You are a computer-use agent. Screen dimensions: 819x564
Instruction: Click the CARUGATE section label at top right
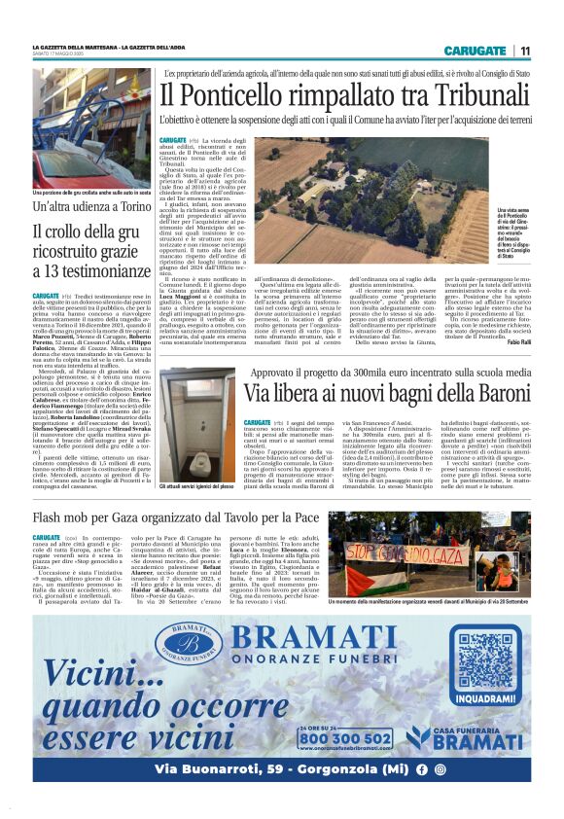476,51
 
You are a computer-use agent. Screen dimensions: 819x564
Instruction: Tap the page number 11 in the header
525,51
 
